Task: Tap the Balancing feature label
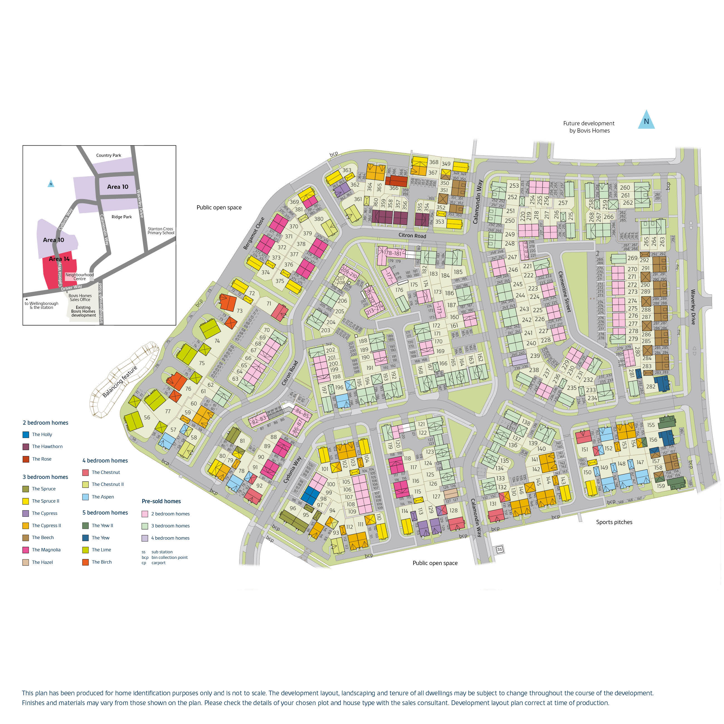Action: tap(120, 381)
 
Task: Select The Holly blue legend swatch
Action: tap(26, 435)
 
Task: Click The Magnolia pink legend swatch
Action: tap(26, 550)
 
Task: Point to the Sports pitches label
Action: tap(614, 522)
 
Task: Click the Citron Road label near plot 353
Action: tap(412, 235)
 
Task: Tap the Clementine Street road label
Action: tap(565, 292)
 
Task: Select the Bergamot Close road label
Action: tap(254, 233)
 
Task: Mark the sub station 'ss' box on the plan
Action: tap(500, 549)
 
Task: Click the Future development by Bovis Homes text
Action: tap(589, 127)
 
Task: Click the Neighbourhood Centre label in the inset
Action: tap(79, 277)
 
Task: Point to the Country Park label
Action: tap(109, 155)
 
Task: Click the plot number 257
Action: tap(563, 203)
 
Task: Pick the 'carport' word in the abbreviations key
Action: tap(158, 562)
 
